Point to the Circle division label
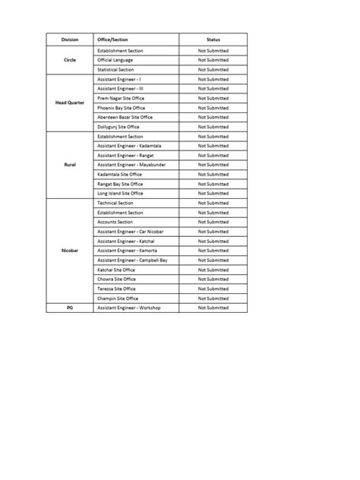tap(69, 60)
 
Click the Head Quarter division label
tap(69, 103)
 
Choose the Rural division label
tap(69, 164)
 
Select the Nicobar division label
tap(69, 251)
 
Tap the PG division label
tap(69, 308)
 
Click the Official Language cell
tap(115, 60)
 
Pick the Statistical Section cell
tap(115, 69)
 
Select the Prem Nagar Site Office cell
tap(121, 98)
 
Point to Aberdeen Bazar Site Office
tap(125, 117)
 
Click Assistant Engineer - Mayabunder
tap(131, 165)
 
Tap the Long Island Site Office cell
tap(120, 193)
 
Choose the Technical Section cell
tap(115, 203)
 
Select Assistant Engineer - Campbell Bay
tap(132, 260)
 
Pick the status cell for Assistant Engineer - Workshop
tap(213, 308)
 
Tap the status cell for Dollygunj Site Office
tap(213, 127)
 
